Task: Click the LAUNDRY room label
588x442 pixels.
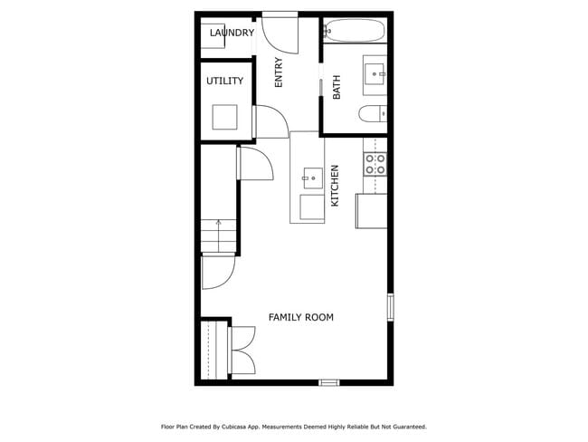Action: (x=232, y=34)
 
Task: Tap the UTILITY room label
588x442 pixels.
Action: (x=224, y=82)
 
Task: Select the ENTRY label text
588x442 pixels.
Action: (x=279, y=72)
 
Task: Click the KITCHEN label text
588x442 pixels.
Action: (x=335, y=185)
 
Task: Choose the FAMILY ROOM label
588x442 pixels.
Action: (x=300, y=317)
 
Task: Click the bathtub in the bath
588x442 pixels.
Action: (x=356, y=30)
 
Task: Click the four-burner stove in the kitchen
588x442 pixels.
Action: (x=375, y=164)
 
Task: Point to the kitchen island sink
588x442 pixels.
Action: (x=312, y=178)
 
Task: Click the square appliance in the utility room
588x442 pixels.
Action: (x=224, y=118)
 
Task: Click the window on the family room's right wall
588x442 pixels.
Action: (x=391, y=307)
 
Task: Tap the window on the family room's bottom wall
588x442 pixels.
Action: (x=329, y=382)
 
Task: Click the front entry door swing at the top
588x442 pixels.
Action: (x=279, y=33)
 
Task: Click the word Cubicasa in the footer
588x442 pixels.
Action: (x=239, y=426)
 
